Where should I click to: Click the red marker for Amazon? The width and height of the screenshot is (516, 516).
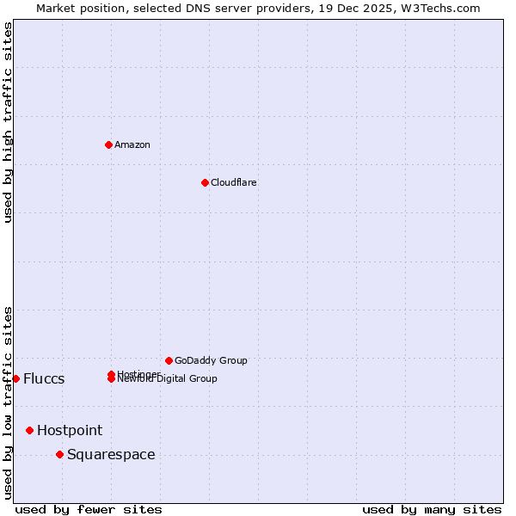pos(108,144)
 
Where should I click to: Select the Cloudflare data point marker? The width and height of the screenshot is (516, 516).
pos(205,182)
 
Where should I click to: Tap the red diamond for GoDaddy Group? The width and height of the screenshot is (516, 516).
pos(169,360)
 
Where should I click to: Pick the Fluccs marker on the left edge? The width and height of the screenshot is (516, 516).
pos(15,378)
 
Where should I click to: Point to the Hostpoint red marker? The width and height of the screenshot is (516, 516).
pos(29,430)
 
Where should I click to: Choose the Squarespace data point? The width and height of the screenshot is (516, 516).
pos(59,454)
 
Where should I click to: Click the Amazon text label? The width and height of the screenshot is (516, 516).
pos(132,144)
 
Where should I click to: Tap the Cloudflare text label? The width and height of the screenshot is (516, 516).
pos(233,182)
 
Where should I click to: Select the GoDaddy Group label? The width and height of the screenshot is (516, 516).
pos(211,360)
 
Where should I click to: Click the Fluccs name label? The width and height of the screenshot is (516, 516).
pos(44,379)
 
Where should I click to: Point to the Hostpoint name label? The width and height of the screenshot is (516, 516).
pos(70,430)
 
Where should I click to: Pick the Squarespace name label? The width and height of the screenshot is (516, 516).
pos(111,454)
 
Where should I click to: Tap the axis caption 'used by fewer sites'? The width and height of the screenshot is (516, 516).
pos(89,509)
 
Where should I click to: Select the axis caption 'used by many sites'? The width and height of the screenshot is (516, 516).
pos(432,509)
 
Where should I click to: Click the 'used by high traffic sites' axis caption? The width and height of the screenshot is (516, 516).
pos(8,122)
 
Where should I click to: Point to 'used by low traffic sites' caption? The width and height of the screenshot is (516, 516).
pos(8,402)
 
